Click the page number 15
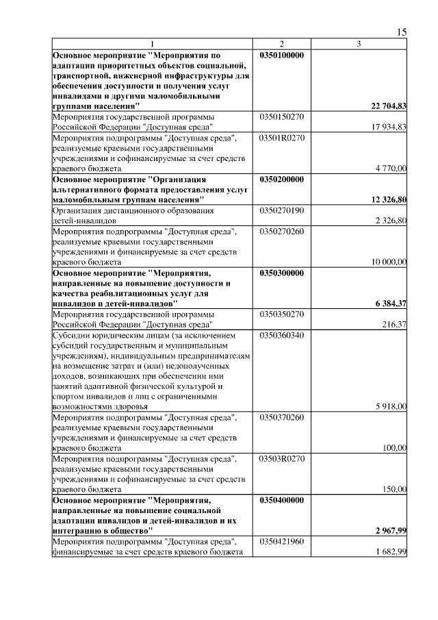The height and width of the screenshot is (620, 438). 402,32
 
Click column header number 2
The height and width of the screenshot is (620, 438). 282,45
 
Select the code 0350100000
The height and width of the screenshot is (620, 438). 283,54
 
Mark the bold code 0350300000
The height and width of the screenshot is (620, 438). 283,271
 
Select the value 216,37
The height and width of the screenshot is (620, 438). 394,323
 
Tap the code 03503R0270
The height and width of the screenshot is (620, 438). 282,458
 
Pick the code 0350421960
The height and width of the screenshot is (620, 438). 282,541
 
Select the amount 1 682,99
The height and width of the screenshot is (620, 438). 391,552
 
